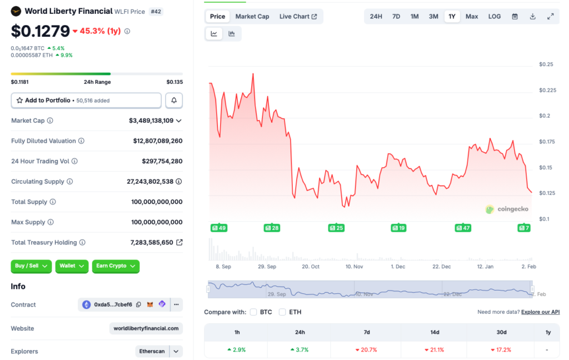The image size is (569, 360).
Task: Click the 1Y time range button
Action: point(452,17)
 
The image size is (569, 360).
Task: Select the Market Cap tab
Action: point(252,17)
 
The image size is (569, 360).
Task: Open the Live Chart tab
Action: point(298,17)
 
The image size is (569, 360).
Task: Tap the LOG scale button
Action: point(495,17)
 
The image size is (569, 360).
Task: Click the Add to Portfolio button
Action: point(86,101)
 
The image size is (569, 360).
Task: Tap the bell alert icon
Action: point(174,101)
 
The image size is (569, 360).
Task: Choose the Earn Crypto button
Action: point(116,266)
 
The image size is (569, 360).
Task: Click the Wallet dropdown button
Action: point(72,266)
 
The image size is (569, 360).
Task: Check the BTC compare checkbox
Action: point(253,312)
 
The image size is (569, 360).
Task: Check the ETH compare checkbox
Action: point(282,312)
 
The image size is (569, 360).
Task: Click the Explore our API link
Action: point(540,312)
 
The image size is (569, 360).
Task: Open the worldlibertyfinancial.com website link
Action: point(146,328)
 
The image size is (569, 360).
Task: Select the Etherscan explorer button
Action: point(151,351)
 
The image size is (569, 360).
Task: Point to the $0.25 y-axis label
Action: point(546,64)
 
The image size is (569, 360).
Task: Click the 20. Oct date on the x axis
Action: point(311,267)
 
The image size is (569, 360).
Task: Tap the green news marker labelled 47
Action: point(462,228)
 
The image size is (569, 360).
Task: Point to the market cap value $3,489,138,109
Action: point(151,121)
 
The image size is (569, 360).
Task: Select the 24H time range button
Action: point(376,17)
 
